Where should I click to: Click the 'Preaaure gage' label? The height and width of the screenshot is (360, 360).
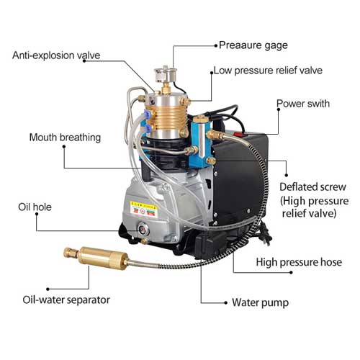[x=253, y=45]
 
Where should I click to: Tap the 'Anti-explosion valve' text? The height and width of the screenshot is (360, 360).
[x=56, y=55]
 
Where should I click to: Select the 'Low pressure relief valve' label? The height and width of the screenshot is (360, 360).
[x=268, y=71]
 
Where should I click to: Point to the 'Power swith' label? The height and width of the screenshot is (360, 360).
[x=303, y=104]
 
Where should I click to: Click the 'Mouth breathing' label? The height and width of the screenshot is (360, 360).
[x=65, y=138]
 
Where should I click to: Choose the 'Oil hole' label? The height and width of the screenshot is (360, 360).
[x=35, y=207]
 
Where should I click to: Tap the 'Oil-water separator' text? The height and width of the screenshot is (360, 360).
[x=66, y=300]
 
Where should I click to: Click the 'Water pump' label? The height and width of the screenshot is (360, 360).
[x=260, y=302]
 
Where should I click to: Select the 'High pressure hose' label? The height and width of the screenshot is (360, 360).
[x=299, y=262]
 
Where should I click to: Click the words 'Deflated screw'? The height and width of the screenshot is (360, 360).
[x=312, y=187]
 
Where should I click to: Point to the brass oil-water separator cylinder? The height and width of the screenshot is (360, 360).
[x=103, y=258]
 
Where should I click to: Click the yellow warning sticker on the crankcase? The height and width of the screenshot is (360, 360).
[x=143, y=210]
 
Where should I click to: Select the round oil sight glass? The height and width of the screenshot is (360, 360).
[x=143, y=230]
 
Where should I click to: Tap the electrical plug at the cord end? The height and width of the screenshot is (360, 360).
[x=266, y=234]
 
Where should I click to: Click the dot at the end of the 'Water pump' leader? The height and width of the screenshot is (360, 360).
[x=225, y=302]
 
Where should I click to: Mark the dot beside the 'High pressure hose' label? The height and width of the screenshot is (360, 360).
[x=291, y=272]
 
